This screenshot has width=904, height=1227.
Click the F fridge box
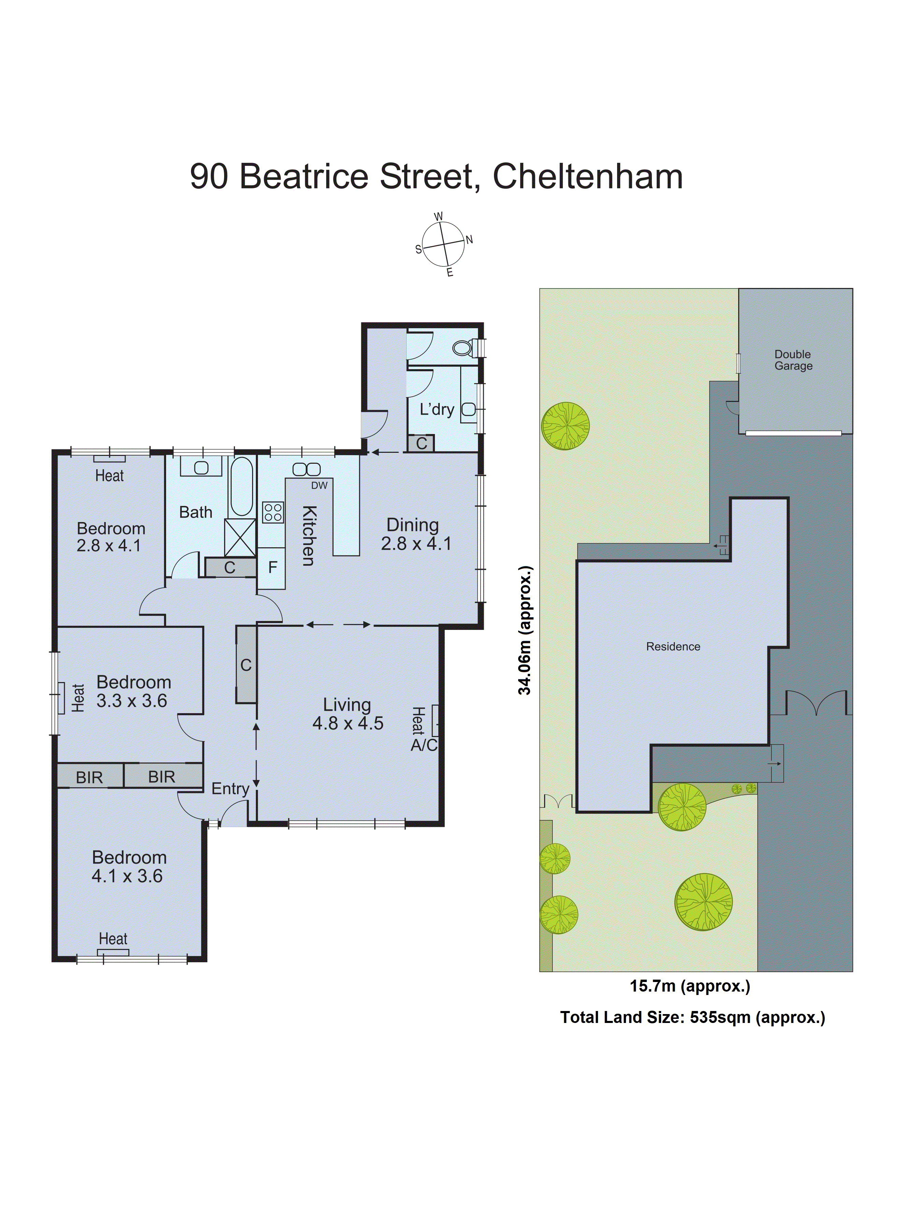pyautogui.click(x=272, y=567)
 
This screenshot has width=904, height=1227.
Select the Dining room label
pyautogui.click(x=413, y=525)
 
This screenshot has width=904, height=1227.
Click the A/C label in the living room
pyautogui.click(x=424, y=746)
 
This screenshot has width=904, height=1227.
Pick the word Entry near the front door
pyautogui.click(x=230, y=789)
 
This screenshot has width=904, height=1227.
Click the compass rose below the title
pyautogui.click(x=443, y=244)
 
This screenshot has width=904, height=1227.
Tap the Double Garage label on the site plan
pyautogui.click(x=793, y=360)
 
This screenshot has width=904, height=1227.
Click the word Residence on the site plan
pyautogui.click(x=673, y=646)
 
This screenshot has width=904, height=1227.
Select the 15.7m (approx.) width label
pyautogui.click(x=689, y=986)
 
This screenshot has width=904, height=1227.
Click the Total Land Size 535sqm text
pyautogui.click(x=692, y=1017)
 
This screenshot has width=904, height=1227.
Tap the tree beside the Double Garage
pyautogui.click(x=565, y=426)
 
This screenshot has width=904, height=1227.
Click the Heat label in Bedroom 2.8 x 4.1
pyautogui.click(x=110, y=476)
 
